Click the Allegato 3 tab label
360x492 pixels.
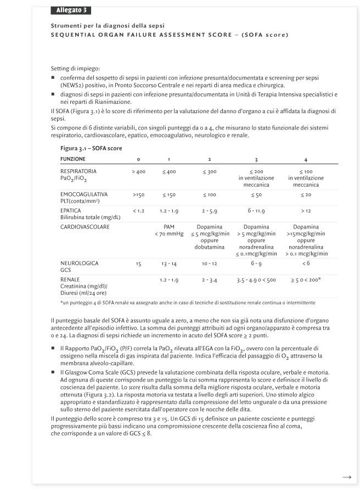coord(71,10)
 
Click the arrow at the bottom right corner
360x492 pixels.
coord(346,478)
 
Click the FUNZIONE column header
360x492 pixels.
coord(73,159)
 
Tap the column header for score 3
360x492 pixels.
coord(256,159)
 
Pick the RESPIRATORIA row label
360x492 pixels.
coord(78,171)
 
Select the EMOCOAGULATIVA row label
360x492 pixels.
coord(83,194)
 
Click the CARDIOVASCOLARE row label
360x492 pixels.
coord(85,226)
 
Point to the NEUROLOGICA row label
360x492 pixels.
coord(80,264)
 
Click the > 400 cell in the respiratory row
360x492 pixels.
coord(138,172)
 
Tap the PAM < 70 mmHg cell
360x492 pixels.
coord(168,230)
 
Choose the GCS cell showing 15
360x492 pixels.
coord(138,264)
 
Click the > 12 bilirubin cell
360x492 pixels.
coord(306,211)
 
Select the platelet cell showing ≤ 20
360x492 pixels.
coord(306,195)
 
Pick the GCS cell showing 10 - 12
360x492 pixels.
coord(210,264)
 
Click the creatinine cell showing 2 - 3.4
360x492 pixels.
coord(210,280)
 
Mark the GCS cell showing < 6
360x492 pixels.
coord(306,264)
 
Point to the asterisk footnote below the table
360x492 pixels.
coord(188,303)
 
